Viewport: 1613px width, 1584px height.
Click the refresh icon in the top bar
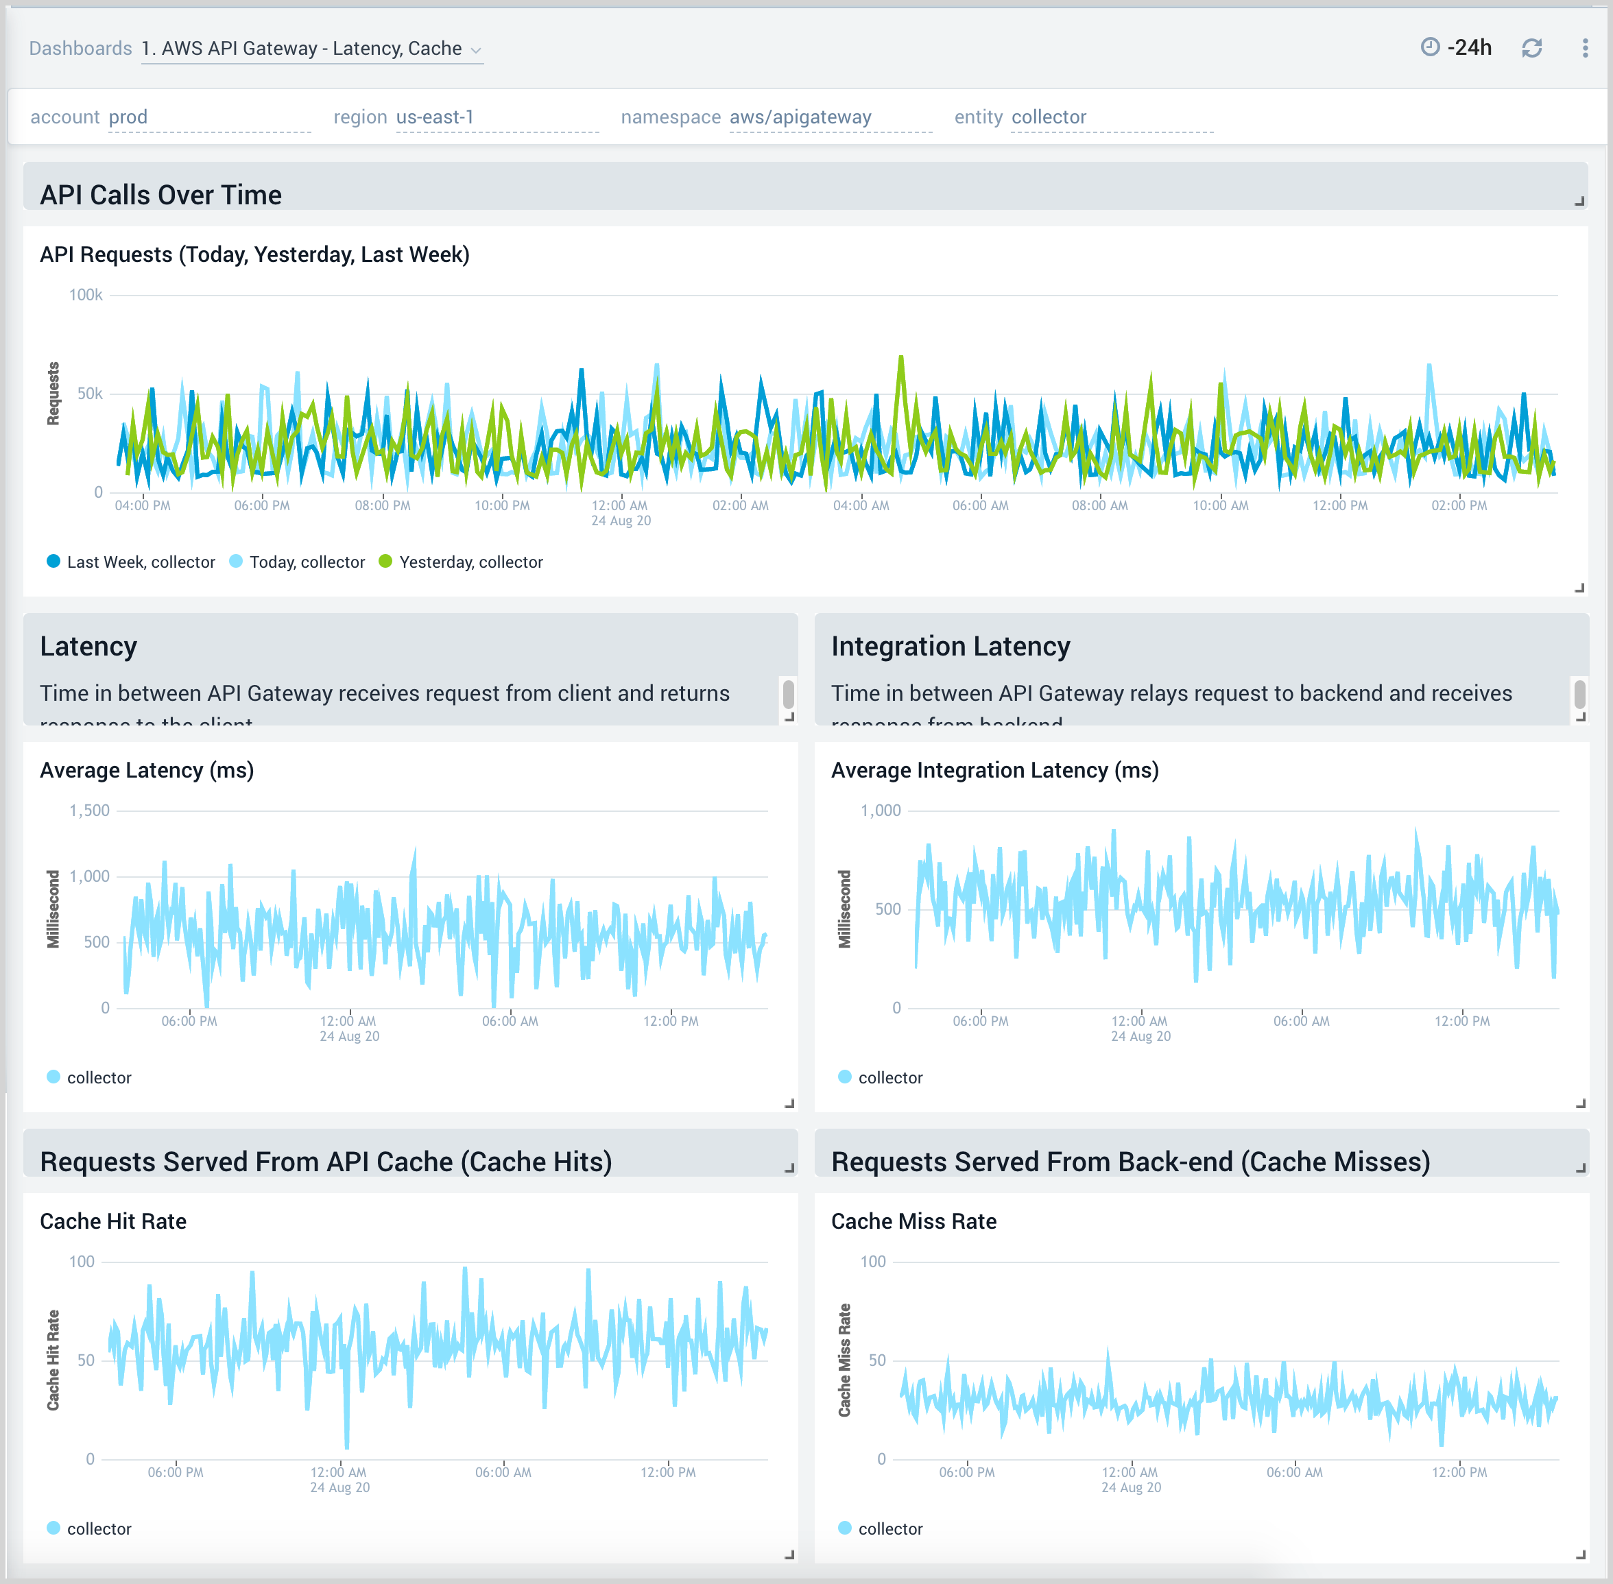point(1531,48)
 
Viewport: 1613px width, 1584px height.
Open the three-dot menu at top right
point(1585,48)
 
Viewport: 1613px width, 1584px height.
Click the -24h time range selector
point(1457,47)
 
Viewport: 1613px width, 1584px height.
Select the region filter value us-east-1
point(435,117)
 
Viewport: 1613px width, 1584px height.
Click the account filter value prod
point(128,117)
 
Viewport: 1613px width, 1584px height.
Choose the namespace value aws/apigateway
point(800,117)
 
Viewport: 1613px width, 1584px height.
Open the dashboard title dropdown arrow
point(476,51)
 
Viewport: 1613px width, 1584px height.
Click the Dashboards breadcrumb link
point(80,48)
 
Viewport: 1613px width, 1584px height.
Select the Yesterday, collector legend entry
point(470,562)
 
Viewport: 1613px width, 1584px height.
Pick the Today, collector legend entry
point(306,562)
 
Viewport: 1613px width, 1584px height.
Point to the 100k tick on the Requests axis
point(86,294)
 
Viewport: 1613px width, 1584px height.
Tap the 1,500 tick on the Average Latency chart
point(89,811)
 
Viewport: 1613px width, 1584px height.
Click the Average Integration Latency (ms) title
point(994,770)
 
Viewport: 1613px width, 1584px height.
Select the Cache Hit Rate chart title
point(113,1221)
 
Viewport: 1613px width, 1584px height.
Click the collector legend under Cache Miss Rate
point(889,1529)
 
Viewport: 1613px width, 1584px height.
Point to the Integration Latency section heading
point(950,647)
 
